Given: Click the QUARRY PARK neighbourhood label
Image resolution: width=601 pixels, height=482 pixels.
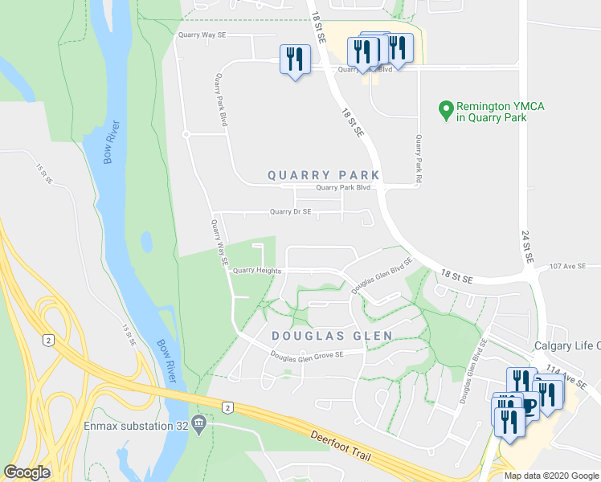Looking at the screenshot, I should (323, 174).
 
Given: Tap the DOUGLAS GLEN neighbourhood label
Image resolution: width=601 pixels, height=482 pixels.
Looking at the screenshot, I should (332, 336).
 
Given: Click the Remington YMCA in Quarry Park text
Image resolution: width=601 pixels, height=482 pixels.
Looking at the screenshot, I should (491, 112).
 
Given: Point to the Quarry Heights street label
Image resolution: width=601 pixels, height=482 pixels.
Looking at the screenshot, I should (257, 271).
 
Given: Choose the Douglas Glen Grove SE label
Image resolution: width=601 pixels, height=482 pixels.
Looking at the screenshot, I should (306, 354).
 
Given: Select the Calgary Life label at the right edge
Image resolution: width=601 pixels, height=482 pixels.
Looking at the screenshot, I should (567, 345).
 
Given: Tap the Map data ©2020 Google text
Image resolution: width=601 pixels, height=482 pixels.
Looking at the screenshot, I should (550, 476).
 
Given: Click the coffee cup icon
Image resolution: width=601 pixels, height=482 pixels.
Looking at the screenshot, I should (528, 406).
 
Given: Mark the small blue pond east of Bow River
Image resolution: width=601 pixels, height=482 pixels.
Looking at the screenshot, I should (146, 241).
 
